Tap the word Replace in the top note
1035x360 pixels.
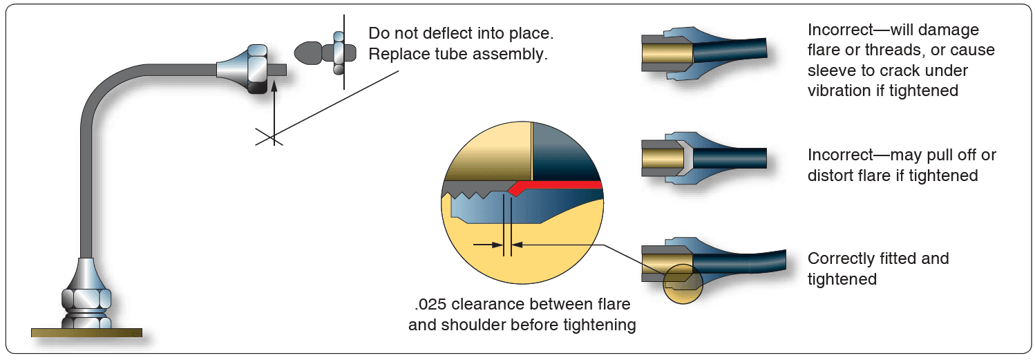[x=397, y=54]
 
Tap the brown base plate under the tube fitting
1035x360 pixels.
[x=86, y=332]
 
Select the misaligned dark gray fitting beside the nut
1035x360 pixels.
[x=310, y=53]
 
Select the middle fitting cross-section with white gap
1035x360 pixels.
[x=701, y=158]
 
